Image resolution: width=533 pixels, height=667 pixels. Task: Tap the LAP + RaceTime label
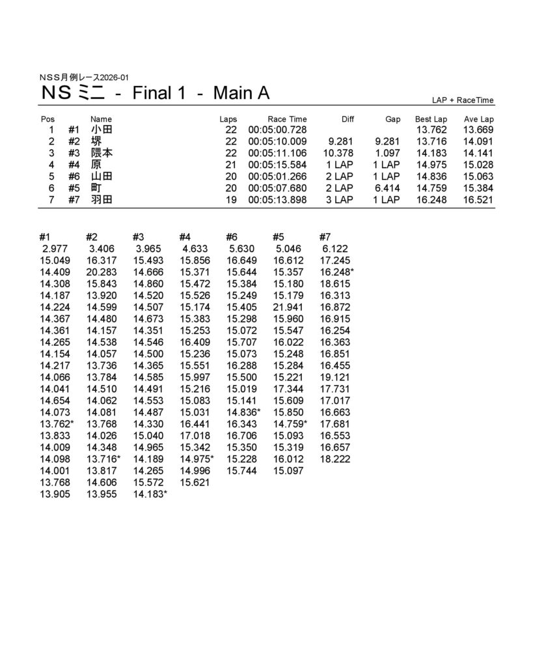pyautogui.click(x=462, y=100)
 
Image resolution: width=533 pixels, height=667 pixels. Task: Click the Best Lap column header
pyautogui.click(x=431, y=119)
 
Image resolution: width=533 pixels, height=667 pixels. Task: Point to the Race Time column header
pyautogui.click(x=287, y=119)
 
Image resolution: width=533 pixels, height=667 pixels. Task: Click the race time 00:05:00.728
pyautogui.click(x=277, y=130)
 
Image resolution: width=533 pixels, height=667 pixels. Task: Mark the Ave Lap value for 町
pyautogui.click(x=478, y=188)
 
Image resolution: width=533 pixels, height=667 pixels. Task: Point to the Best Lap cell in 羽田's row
pyautogui.click(x=431, y=200)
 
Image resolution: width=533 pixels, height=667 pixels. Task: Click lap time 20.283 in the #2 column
pyautogui.click(x=101, y=272)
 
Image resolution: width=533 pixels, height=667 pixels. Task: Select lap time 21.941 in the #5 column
pyautogui.click(x=287, y=307)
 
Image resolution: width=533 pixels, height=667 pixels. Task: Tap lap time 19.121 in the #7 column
pyautogui.click(x=335, y=377)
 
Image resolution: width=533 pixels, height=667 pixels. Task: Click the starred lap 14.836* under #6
pyautogui.click(x=243, y=412)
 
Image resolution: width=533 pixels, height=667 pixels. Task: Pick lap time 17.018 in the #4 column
pyautogui.click(x=195, y=436)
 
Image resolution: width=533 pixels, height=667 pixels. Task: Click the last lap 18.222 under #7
pyautogui.click(x=335, y=459)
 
